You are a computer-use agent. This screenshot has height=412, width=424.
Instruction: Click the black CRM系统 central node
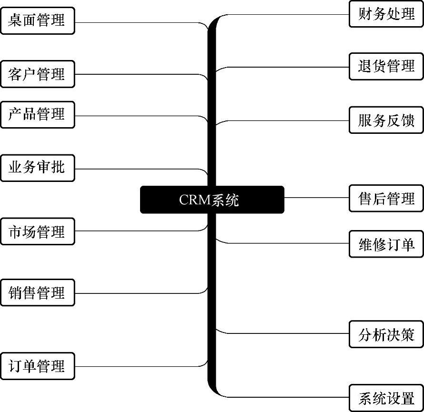212,200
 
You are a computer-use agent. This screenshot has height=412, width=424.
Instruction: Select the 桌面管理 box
37,20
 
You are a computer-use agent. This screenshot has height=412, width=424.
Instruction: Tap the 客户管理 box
37,74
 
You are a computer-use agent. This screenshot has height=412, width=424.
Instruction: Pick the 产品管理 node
37,114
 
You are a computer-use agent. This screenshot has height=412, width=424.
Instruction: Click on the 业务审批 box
37,168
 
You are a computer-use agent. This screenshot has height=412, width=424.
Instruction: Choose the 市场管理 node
37,231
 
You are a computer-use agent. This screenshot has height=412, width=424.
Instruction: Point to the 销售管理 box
37,292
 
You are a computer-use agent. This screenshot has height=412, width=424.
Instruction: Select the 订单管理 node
37,366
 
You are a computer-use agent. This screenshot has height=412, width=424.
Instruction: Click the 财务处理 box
386,14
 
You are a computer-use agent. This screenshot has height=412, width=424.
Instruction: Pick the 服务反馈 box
386,120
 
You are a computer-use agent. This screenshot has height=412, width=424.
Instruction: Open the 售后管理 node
386,198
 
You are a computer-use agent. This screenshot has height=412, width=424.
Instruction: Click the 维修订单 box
386,244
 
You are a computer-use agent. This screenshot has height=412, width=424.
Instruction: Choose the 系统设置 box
386,397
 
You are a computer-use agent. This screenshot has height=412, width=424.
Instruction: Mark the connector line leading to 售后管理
317,198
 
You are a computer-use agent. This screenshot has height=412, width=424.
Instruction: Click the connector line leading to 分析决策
286,333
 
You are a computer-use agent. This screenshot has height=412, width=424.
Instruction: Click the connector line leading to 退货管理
286,66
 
